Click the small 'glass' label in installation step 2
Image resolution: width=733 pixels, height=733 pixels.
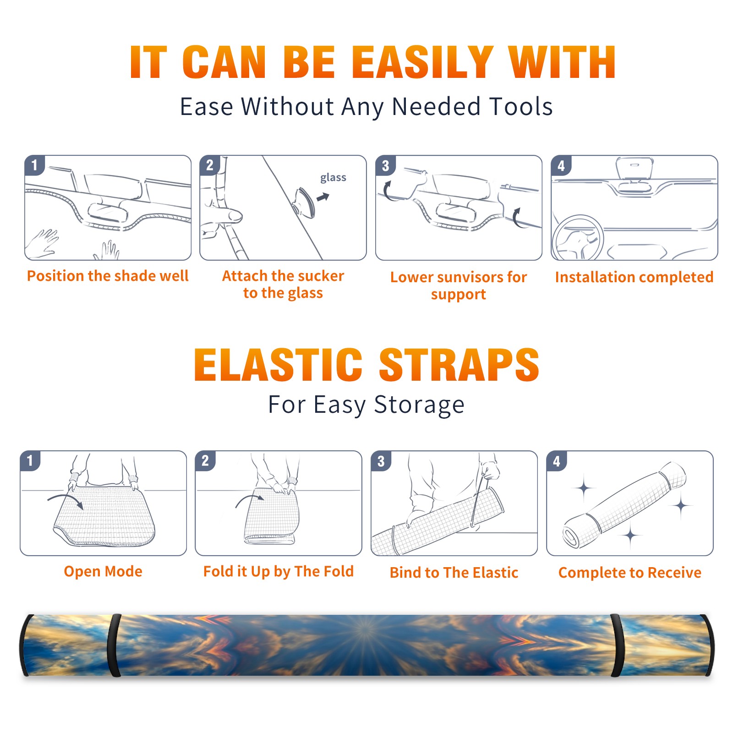(x=333, y=178)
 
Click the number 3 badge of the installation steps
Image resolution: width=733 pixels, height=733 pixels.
(x=385, y=165)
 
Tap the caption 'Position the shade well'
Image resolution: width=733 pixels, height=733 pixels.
(x=108, y=276)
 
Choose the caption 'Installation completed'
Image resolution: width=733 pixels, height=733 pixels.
(x=634, y=277)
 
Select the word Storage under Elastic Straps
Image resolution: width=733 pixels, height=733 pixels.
(x=419, y=405)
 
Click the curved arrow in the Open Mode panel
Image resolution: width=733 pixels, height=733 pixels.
(x=66, y=501)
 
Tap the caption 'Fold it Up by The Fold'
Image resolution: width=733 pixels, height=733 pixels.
(x=279, y=571)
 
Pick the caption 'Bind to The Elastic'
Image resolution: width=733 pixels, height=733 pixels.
(x=454, y=573)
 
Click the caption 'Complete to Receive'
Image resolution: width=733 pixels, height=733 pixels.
(x=630, y=573)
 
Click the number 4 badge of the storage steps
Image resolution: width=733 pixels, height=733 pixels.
(x=557, y=461)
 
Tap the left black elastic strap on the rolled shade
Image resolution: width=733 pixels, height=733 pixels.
(x=114, y=645)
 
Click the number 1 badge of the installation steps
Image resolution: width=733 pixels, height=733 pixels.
(x=34, y=165)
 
